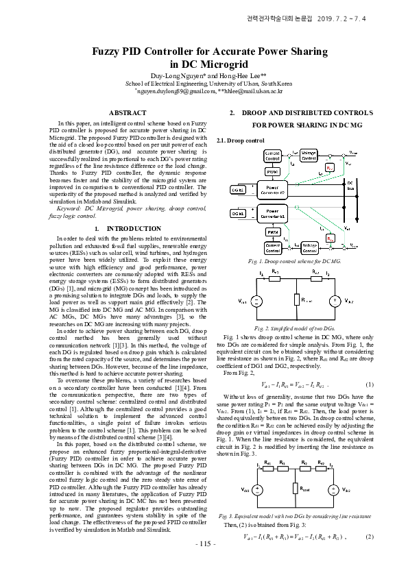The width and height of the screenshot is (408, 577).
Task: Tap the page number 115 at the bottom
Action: (x=204, y=563)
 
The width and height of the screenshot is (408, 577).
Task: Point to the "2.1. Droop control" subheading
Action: (x=240, y=140)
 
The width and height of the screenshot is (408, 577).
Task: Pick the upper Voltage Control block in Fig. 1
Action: (x=309, y=155)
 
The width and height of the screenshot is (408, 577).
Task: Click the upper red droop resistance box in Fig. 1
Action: (x=330, y=167)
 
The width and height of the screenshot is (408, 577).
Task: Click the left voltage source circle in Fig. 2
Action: (x=256, y=300)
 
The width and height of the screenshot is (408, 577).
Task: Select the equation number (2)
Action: (x=370, y=537)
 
